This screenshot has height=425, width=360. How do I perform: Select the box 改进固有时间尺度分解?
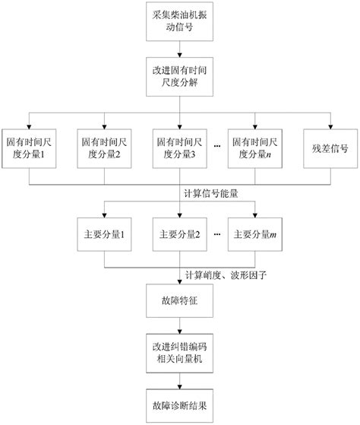pyautogui.click(x=179, y=76)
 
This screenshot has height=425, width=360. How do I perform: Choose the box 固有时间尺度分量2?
pyautogui.click(x=105, y=147)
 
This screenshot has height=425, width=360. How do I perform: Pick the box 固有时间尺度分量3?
pyautogui.click(x=179, y=147)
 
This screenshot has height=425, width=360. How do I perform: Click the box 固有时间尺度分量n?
pyautogui.click(x=255, y=147)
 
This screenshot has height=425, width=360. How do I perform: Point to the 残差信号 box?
pyautogui.click(x=329, y=147)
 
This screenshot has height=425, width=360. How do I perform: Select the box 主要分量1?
pyautogui.click(x=105, y=234)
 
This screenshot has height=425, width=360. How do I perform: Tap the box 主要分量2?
pyautogui.click(x=179, y=234)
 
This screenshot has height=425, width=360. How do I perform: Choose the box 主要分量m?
pyautogui.click(x=255, y=234)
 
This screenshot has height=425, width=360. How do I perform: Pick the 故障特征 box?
pyautogui.click(x=179, y=302)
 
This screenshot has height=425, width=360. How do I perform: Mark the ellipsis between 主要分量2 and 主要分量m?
pyautogui.click(x=218, y=234)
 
